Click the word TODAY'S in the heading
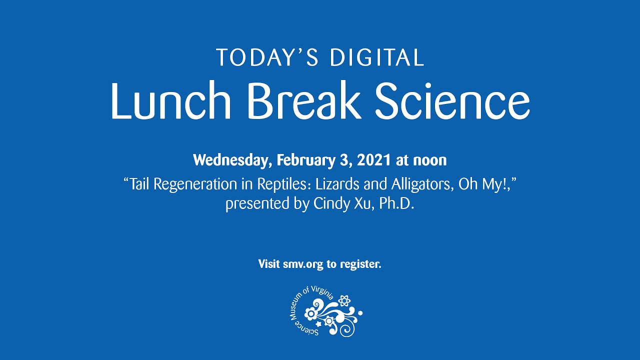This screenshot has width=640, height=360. (x=266, y=58)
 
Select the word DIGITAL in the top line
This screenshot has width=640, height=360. (x=377, y=58)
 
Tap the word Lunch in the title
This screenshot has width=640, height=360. (x=170, y=101)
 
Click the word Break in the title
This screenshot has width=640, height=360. (x=303, y=101)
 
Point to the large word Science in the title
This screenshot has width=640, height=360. (x=452, y=101)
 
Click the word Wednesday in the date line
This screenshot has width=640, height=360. (x=232, y=160)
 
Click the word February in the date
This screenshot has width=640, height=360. (x=301, y=160)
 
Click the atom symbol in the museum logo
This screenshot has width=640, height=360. (x=344, y=301)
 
